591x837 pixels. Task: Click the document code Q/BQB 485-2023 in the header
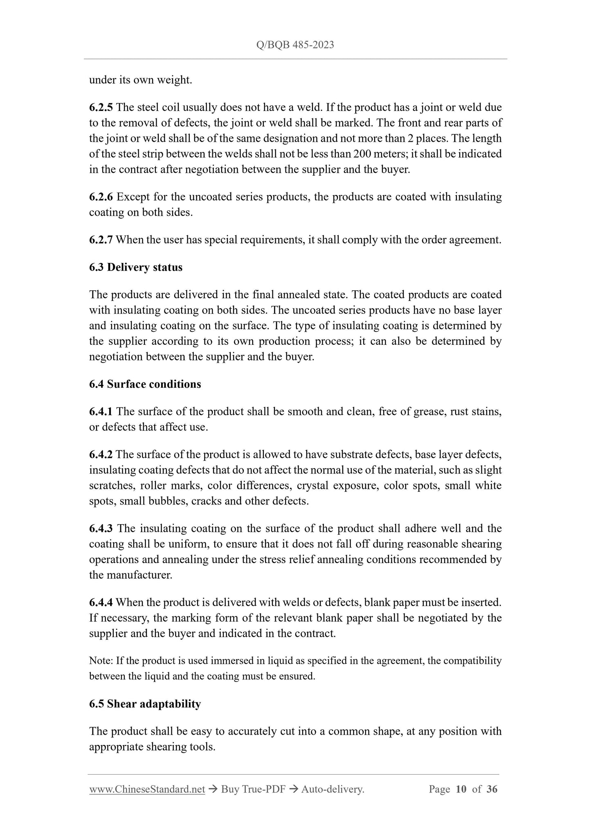295,45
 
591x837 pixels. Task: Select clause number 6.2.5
101,107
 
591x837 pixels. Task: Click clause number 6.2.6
101,197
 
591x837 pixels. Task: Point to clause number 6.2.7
101,240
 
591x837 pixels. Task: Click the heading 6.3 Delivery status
136,267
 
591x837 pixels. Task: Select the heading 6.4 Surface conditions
145,384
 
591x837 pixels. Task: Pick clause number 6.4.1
101,412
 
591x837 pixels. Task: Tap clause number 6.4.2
101,455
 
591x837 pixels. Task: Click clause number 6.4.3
101,529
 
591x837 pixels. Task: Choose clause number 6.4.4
101,603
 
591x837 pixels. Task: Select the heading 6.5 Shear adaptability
145,704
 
